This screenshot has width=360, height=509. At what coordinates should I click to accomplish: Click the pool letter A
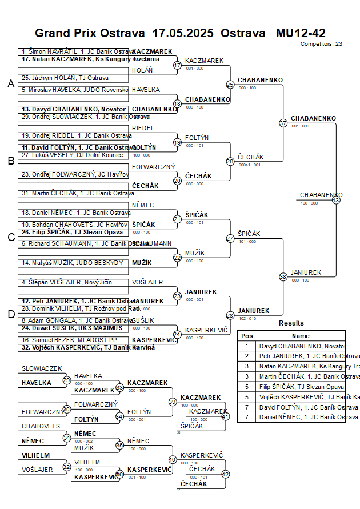tap(10, 84)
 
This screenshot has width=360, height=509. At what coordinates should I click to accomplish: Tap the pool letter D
tap(10, 314)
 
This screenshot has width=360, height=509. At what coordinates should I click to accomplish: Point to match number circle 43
tap(336, 200)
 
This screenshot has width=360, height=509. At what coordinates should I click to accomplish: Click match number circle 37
tap(283, 123)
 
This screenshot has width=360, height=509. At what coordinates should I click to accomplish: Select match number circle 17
tap(177, 65)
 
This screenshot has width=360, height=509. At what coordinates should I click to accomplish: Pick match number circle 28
tap(230, 315)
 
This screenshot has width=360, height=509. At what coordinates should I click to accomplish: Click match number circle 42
tap(225, 474)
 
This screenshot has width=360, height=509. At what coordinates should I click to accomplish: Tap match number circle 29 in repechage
tap(67, 380)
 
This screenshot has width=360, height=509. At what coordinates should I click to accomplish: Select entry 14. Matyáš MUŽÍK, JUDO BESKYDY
tap(72, 263)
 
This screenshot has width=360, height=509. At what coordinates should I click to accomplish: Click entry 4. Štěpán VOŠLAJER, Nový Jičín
tap(67, 282)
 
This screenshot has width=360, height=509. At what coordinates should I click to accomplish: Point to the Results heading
tap(291, 323)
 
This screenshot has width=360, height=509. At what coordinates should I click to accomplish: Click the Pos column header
tap(247, 336)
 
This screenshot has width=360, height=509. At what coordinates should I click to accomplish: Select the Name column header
tap(301, 336)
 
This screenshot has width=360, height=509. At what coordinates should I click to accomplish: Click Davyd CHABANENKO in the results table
tap(302, 346)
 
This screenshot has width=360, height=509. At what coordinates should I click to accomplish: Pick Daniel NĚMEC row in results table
tap(302, 418)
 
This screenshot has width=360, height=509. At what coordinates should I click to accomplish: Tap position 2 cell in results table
tap(247, 356)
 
